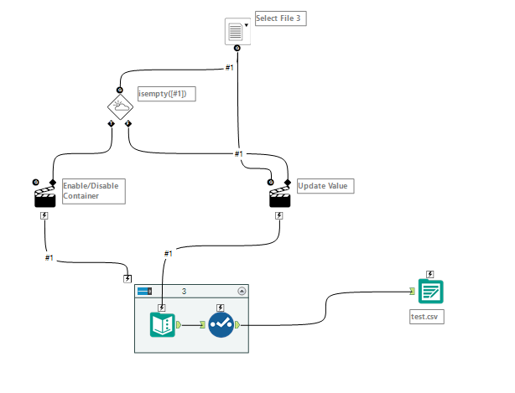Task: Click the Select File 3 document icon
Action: click(236, 32)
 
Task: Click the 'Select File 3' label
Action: click(280, 18)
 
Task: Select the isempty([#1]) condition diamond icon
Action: click(120, 106)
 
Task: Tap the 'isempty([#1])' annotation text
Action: click(166, 94)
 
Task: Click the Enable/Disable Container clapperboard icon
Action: click(44, 196)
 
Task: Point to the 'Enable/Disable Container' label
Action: click(92, 189)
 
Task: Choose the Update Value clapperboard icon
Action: click(279, 196)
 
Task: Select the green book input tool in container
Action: click(162, 324)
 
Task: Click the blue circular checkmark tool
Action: click(221, 324)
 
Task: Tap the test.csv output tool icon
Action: click(431, 292)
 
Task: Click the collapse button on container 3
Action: click(242, 291)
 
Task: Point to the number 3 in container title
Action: click(184, 291)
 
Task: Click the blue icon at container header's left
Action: click(144, 291)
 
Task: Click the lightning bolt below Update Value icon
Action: click(279, 215)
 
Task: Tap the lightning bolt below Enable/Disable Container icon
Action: click(44, 215)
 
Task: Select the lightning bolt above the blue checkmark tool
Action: click(221, 308)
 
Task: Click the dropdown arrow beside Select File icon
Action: click(247, 24)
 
